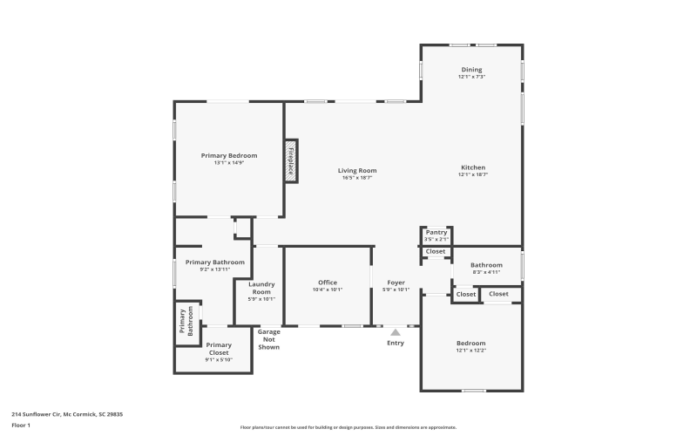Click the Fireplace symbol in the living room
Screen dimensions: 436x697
coord(291,161)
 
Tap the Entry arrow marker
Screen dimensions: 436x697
coord(396,332)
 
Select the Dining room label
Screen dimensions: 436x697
coord(471,70)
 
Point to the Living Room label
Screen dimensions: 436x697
coord(357,170)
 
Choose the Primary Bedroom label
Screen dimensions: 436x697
coord(229,155)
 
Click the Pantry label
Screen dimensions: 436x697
coord(436,232)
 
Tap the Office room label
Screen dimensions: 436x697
coord(328,283)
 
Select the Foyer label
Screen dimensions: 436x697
coord(396,283)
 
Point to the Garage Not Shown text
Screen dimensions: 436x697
coord(269,339)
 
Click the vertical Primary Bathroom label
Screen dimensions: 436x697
coord(186,322)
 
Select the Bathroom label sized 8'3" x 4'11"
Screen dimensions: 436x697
coord(486,265)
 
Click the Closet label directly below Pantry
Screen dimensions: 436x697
coord(436,251)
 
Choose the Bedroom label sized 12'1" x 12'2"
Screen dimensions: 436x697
coord(471,343)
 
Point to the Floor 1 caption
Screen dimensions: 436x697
coord(21,425)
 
